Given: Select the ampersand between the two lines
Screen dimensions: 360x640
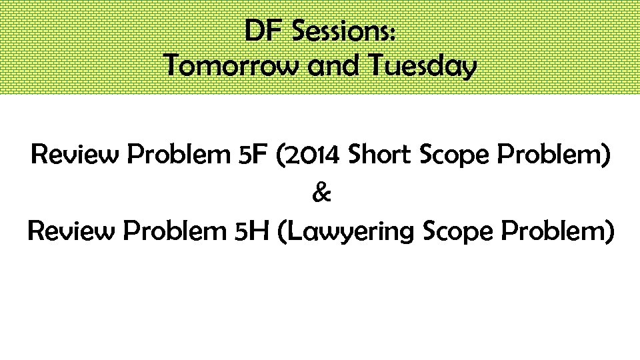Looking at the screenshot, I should coord(321,194).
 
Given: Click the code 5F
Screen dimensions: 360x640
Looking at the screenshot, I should coord(253,155).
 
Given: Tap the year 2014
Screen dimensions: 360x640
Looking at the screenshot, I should coord(311,155).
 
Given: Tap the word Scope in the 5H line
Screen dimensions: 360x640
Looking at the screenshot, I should coord(457,232).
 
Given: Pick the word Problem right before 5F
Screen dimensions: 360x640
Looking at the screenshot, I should coord(178,155).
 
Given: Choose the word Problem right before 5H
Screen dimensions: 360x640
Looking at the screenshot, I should coord(175,231).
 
